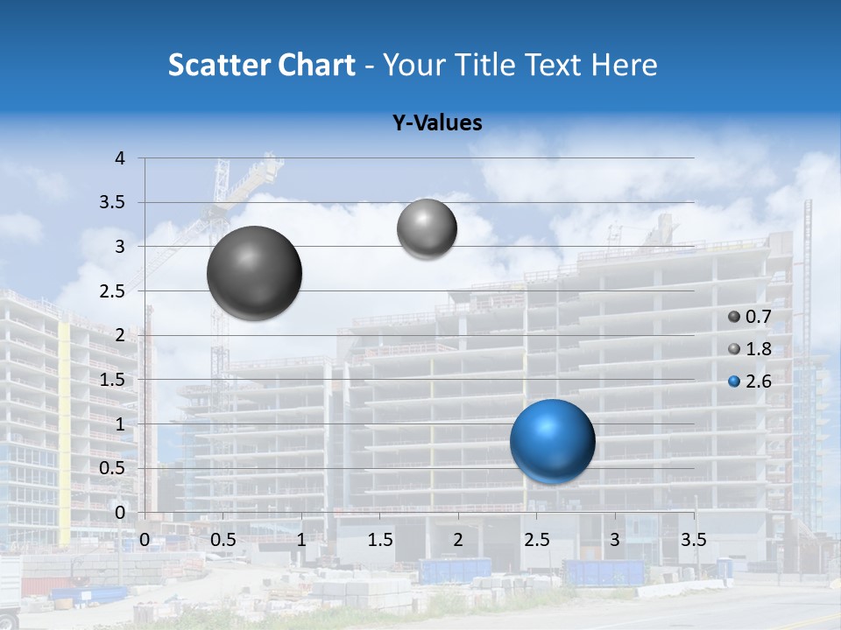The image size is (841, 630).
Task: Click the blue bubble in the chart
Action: [x=552, y=441]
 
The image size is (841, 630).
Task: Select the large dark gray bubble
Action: [x=254, y=273]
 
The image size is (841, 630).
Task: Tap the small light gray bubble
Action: [x=427, y=229]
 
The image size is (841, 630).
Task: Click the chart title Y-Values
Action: [x=437, y=123]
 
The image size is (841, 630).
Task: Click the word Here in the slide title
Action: [x=624, y=65]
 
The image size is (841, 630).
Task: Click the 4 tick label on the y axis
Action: [x=120, y=158]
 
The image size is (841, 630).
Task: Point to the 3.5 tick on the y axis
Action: [x=112, y=203]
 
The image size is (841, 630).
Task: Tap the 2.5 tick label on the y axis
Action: [x=112, y=291]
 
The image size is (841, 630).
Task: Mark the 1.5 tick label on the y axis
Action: [x=112, y=380]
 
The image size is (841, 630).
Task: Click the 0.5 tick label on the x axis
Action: [x=223, y=539]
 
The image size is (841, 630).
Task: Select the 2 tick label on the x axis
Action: [x=458, y=539]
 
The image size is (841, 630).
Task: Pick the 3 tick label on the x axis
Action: [x=615, y=539]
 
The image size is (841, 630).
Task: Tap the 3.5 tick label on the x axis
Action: [x=693, y=539]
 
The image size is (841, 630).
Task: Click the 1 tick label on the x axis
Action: [x=301, y=539]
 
